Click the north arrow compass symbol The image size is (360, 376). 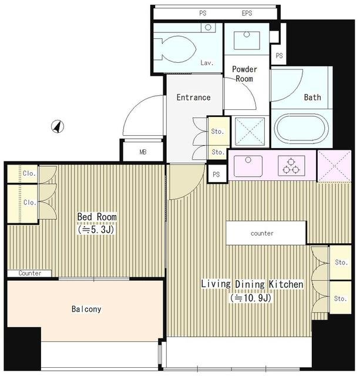click(58, 126)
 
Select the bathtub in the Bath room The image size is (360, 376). click(301, 129)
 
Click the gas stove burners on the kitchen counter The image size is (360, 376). click(291, 166)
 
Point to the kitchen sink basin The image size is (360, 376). click(248, 166)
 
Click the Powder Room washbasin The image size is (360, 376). click(247, 41)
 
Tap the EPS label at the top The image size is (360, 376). click(247, 13)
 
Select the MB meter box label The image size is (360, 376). click(143, 152)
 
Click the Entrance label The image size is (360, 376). click(193, 98)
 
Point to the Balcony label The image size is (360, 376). click(86, 309)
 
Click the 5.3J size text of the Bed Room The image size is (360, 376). click(96, 230)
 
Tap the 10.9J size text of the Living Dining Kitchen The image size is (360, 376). click(251, 298)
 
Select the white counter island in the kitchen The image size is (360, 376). click(266, 233)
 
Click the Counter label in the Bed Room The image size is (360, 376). click(30, 273)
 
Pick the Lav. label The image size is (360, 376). click(207, 63)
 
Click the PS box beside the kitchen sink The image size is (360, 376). click(217, 174)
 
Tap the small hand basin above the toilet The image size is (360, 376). click(208, 28)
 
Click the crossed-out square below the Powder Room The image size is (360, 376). click(250, 132)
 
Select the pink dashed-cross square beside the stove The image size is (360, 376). click(334, 166)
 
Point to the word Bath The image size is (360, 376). click(312, 97)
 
